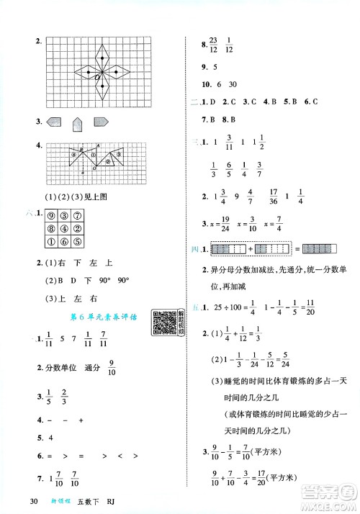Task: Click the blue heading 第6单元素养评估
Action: tap(100, 317)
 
